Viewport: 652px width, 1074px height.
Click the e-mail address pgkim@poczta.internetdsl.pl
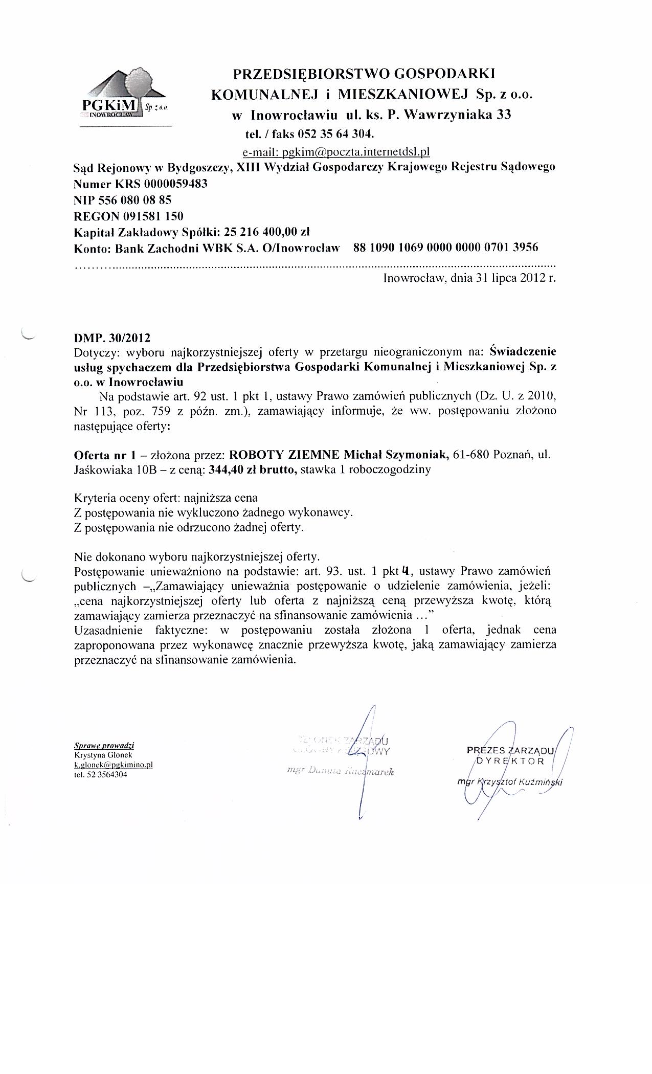pyautogui.click(x=335, y=152)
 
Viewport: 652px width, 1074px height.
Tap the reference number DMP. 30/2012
pyautogui.click(x=113, y=338)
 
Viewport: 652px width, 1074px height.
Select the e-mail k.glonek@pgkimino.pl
pyautogui.click(x=114, y=765)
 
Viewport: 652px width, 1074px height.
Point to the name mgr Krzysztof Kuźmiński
pyautogui.click(x=511, y=782)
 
